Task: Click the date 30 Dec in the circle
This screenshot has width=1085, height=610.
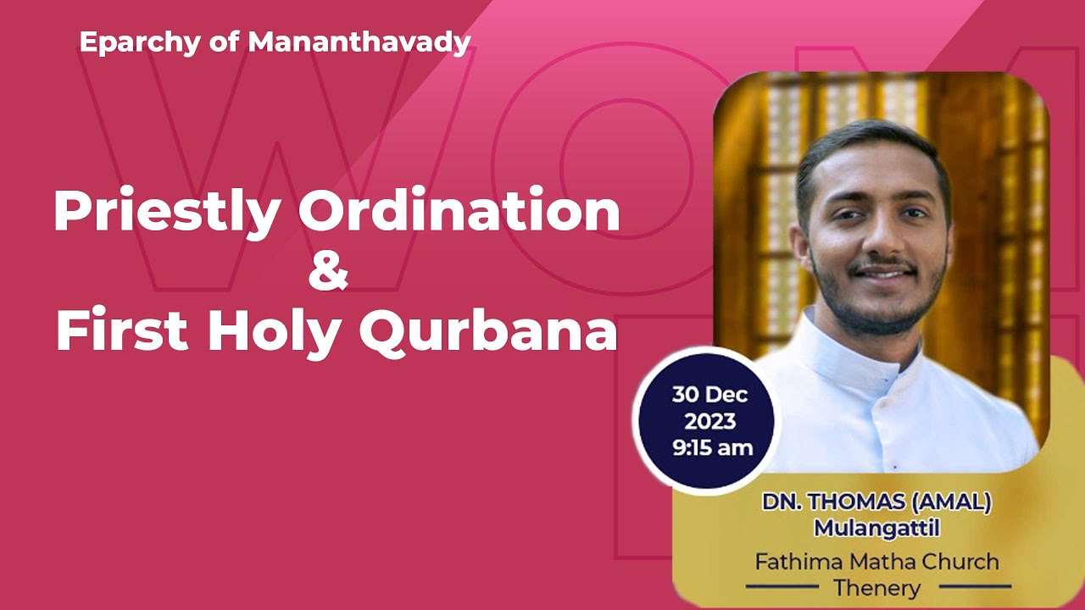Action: tap(709, 395)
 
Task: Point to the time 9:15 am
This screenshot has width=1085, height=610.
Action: tap(713, 447)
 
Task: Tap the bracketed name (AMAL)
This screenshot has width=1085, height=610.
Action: tap(951, 502)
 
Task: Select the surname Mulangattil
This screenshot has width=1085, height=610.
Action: tap(877, 528)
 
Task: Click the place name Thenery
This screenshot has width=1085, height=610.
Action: tap(876, 586)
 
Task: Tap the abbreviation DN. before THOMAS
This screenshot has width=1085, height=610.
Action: tap(777, 502)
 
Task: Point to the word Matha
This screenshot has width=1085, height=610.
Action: tap(877, 561)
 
